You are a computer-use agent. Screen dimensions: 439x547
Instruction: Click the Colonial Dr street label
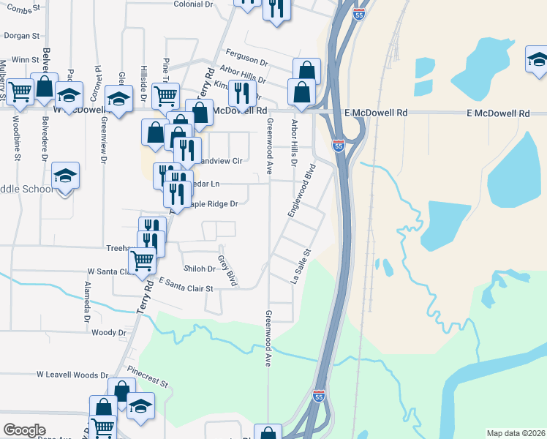(x=193, y=4)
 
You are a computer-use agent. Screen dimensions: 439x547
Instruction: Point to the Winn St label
(x=24, y=60)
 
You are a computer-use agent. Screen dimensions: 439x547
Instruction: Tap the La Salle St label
(x=298, y=266)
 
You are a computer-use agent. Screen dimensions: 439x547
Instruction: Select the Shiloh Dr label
(x=200, y=269)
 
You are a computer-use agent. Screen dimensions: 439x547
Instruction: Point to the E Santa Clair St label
(x=185, y=285)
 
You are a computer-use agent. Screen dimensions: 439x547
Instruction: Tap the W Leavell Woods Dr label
(x=72, y=375)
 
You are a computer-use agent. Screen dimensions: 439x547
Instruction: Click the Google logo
(x=24, y=430)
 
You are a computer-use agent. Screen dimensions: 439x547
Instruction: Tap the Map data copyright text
(x=516, y=433)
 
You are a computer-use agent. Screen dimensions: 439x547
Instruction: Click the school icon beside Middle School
(x=65, y=176)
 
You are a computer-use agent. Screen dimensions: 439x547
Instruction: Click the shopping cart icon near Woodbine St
(x=20, y=91)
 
